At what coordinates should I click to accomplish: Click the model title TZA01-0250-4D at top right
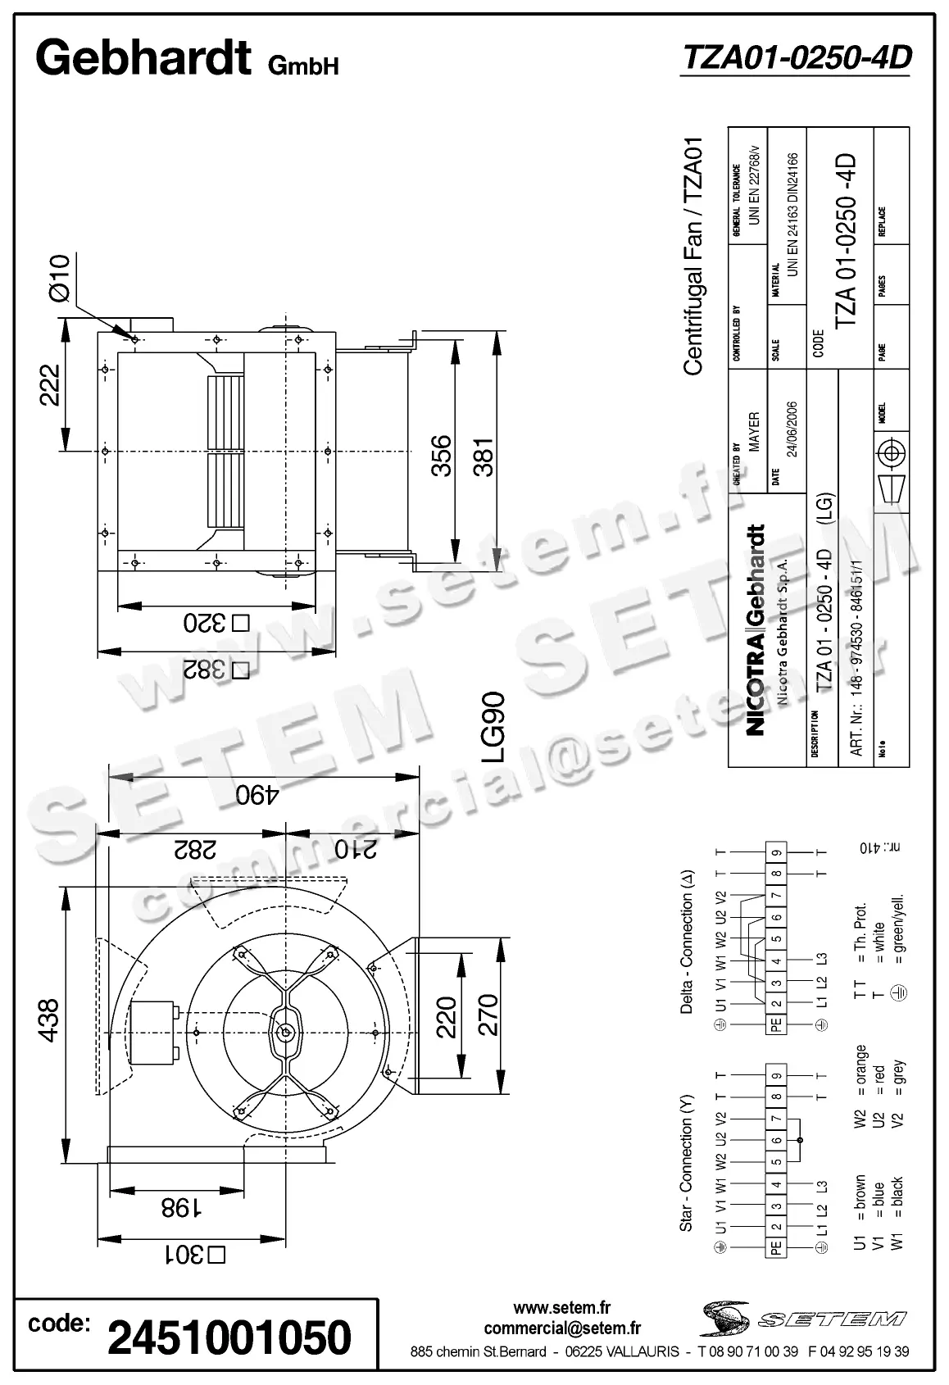pyautogui.click(x=796, y=57)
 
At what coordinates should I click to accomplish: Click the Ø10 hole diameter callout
pyautogui.click(x=60, y=279)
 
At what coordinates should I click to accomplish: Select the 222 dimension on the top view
pyautogui.click(x=51, y=385)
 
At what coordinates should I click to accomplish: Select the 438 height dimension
pyautogui.click(x=49, y=1019)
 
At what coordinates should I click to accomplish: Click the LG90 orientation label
pyautogui.click(x=493, y=728)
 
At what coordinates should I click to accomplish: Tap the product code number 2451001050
pyautogui.click(x=229, y=1337)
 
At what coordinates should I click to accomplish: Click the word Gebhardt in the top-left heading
pyautogui.click(x=143, y=58)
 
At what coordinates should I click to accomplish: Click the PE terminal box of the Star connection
pyautogui.click(x=776, y=1246)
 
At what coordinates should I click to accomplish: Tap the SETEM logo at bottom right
pyautogui.click(x=803, y=1318)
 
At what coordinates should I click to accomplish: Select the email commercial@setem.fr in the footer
pyautogui.click(x=562, y=1328)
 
